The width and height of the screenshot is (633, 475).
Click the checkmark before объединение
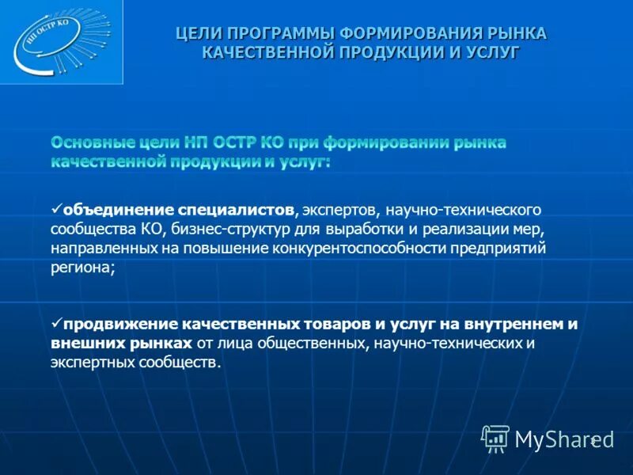(x=55, y=209)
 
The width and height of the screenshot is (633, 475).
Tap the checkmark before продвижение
(x=55, y=323)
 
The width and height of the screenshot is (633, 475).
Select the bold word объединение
(x=119, y=211)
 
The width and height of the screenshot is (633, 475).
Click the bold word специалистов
(x=237, y=211)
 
